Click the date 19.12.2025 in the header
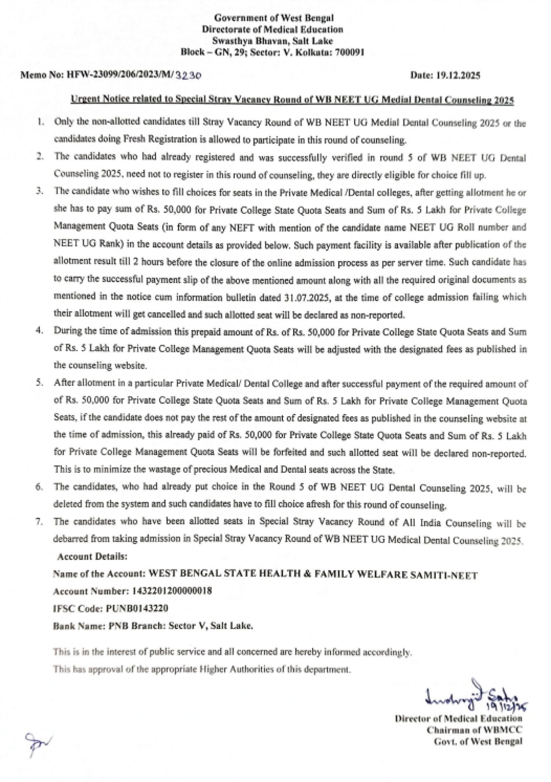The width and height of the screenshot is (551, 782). tap(458, 75)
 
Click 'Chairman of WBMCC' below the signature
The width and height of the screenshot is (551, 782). tap(474, 730)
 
